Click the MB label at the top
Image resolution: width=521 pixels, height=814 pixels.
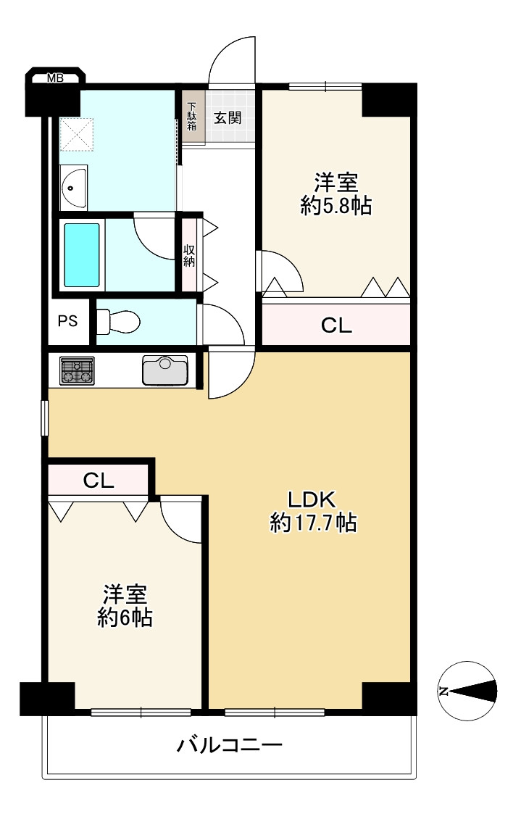pyautogui.click(x=55, y=78)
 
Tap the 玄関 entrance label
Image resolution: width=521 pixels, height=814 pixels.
pyautogui.click(x=228, y=118)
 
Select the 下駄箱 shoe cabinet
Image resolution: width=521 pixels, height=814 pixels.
pyautogui.click(x=192, y=117)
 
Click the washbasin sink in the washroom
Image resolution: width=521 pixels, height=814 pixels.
pyautogui.click(x=73, y=188)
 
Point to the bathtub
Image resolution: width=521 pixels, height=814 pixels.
pyautogui.click(x=81, y=255)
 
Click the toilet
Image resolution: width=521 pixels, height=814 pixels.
pyautogui.click(x=118, y=322)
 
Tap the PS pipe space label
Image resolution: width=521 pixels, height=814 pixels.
pyautogui.click(x=67, y=321)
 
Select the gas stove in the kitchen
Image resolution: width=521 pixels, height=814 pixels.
pyautogui.click(x=78, y=370)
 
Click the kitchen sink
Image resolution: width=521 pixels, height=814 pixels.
pyautogui.click(x=165, y=370)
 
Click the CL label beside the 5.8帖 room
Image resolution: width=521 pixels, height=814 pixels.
pyautogui.click(x=336, y=325)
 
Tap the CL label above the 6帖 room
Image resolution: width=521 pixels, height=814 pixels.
pyautogui.click(x=99, y=481)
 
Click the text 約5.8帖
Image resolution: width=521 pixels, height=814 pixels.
pyautogui.click(x=335, y=206)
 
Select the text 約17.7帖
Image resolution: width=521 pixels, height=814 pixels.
pyautogui.click(x=314, y=523)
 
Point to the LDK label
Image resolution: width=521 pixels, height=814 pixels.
pyautogui.click(x=312, y=499)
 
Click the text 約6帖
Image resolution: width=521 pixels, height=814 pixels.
pyautogui.click(x=125, y=618)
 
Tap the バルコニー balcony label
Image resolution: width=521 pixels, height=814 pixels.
pyautogui.click(x=230, y=746)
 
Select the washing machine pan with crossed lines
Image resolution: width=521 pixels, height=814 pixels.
pyautogui.click(x=76, y=135)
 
